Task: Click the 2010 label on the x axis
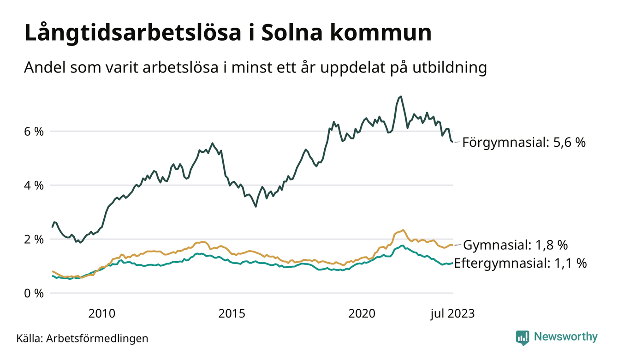coord(102,314)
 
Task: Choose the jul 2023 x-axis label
coord(452,314)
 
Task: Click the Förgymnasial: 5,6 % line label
coord(524,143)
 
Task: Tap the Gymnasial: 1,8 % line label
coord(515,245)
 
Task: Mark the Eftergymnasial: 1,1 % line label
coord(520,264)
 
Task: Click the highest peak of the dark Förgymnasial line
coord(401,96)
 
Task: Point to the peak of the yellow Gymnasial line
coord(403,230)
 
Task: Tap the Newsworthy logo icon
coord(523,337)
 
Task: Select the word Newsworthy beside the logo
coord(565,337)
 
